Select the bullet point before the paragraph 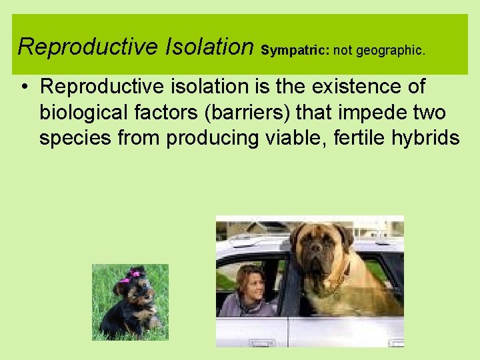tap(23, 87)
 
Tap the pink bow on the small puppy tap(134, 274)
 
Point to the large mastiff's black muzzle tap(318, 254)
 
